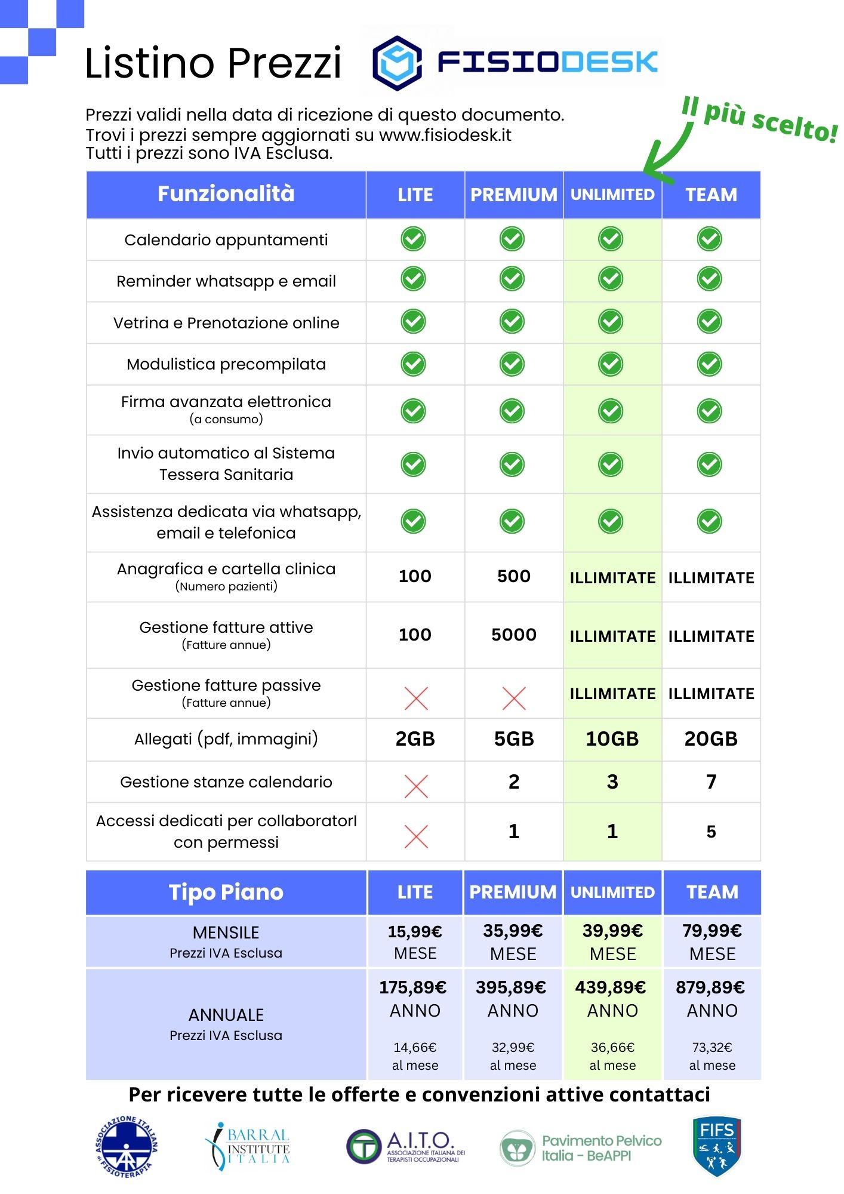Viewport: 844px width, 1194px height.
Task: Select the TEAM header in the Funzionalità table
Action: click(711, 195)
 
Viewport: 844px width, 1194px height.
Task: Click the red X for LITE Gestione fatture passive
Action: click(416, 698)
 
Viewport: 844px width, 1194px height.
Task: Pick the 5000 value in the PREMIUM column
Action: click(514, 635)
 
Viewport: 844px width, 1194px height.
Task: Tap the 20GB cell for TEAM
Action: click(711, 739)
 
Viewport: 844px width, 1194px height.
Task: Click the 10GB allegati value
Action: click(612, 739)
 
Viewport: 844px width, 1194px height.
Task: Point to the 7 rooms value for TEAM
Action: click(711, 781)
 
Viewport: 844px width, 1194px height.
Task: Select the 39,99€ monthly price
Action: click(613, 931)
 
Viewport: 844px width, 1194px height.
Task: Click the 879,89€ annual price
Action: click(710, 987)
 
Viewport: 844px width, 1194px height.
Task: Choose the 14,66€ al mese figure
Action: click(415, 1047)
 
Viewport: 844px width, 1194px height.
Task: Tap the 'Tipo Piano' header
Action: click(226, 892)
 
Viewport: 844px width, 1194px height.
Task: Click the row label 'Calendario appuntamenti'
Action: click(226, 240)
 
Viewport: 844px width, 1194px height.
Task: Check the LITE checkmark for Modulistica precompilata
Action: click(414, 364)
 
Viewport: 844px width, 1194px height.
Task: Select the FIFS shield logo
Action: click(716, 1146)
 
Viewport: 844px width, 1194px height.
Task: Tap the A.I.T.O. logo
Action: click(406, 1146)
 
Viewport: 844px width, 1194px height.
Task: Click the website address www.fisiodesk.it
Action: click(445, 134)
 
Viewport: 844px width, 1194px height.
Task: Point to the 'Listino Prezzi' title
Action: click(213, 63)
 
